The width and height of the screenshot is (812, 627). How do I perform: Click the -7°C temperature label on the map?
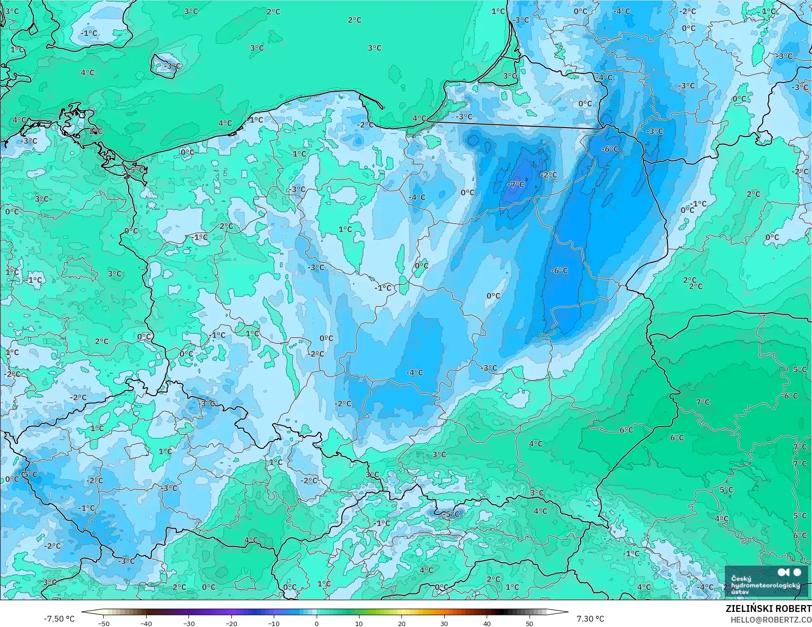coord(516,185)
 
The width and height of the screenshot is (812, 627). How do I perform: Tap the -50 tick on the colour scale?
coord(103,623)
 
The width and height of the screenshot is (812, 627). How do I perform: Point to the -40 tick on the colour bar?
coord(146,623)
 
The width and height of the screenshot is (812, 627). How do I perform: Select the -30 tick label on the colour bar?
coord(189,623)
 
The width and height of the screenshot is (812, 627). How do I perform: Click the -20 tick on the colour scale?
coord(231,623)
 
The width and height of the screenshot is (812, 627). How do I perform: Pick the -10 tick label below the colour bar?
coord(274,623)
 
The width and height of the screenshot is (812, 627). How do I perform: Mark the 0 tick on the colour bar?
coord(317,623)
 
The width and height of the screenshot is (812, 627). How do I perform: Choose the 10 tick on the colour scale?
coord(359,623)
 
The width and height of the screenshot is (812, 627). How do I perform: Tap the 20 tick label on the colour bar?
coord(401,623)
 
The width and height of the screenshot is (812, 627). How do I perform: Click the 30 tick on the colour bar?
coord(444,623)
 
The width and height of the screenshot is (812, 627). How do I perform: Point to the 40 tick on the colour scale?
coord(487,623)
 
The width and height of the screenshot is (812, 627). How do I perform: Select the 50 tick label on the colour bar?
coord(529,623)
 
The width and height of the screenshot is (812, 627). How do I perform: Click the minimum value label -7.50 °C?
coord(59,619)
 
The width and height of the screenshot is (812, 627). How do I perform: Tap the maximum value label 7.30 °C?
coord(590,619)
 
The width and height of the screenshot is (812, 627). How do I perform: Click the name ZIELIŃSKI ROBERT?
coord(768,608)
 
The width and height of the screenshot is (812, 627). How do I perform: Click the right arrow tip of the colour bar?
coord(567,612)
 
